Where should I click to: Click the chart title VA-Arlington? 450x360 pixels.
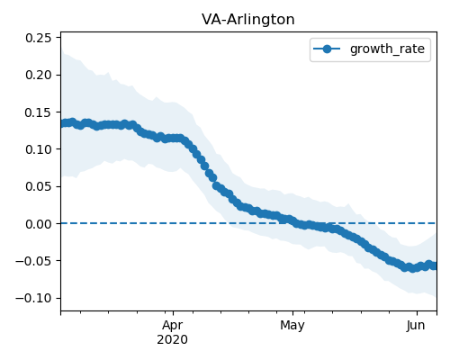pos(248,20)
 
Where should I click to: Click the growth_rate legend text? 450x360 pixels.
pos(387,49)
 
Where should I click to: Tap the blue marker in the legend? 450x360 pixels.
pos(327,49)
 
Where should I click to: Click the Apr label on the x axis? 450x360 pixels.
pos(173,326)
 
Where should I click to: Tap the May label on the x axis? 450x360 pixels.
pos(292,326)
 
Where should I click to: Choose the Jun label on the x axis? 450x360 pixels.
pos(416,326)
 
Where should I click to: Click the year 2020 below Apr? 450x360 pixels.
pos(173,339)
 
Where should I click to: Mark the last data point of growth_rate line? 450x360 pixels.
pos(435,265)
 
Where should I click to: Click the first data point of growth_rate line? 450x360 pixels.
pos(63,123)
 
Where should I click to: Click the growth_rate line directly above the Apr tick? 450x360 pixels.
pos(173,139)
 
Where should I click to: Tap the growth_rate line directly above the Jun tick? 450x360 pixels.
pos(417,267)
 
